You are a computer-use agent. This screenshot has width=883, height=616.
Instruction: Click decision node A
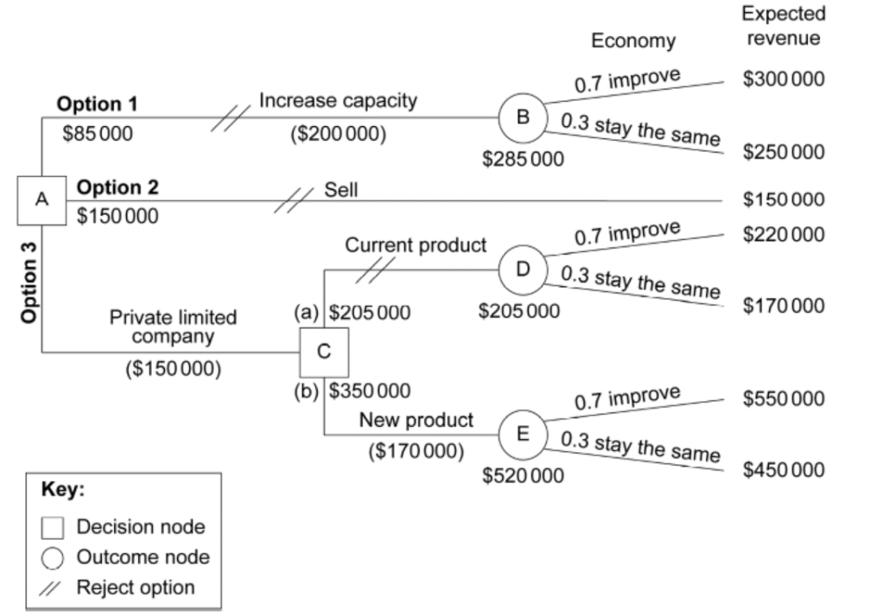41,200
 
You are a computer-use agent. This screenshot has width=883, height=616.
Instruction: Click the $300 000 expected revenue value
784,79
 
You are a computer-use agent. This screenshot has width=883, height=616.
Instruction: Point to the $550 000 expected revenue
784,399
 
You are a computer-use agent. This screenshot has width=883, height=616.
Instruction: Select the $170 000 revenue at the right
784,306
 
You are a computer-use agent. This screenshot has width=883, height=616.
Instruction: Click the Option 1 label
97,105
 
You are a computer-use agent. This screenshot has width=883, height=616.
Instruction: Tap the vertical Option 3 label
30,282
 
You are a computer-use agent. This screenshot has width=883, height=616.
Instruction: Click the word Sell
340,189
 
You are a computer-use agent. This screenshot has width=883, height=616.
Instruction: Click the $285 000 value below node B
522,158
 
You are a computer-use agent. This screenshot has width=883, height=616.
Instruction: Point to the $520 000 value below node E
522,475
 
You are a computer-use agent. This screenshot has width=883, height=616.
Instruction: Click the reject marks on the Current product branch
370,270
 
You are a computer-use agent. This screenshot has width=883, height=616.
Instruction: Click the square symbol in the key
54,527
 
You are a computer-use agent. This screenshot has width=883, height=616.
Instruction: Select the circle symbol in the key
54,558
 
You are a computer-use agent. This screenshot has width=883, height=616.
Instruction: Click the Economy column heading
633,41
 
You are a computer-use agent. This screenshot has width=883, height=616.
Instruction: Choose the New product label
416,420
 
